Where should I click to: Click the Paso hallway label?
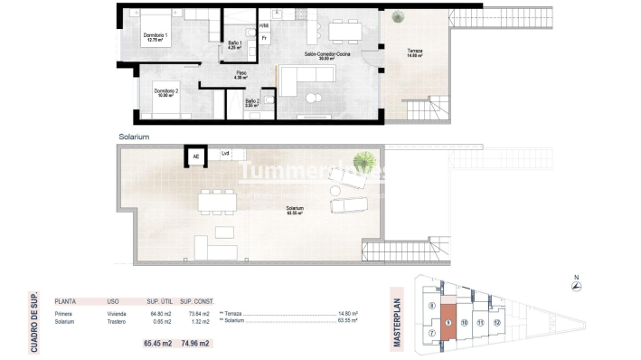[241, 75]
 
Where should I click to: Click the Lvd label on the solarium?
[225, 154]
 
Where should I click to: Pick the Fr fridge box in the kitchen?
[265, 39]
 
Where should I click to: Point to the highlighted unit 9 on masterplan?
[449, 323]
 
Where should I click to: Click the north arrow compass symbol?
[577, 287]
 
